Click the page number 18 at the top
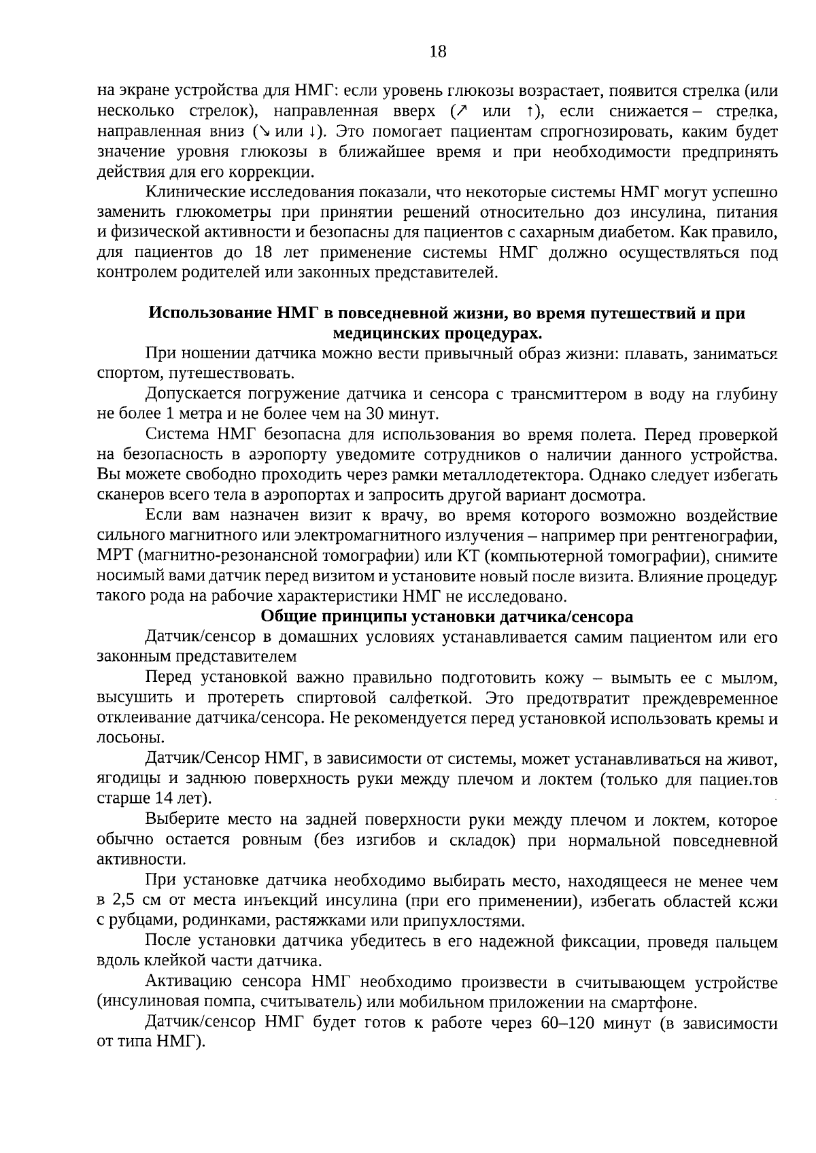pos(438,52)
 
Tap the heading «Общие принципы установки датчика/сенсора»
pos(447,617)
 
